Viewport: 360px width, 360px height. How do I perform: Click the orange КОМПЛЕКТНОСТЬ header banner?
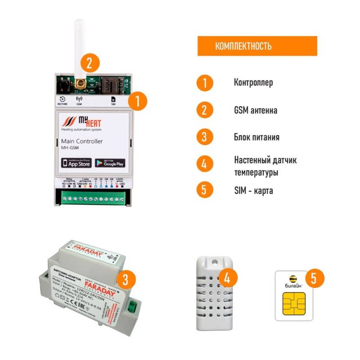pyautogui.click(x=257, y=46)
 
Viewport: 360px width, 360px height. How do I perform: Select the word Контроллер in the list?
pyautogui.click(x=253, y=83)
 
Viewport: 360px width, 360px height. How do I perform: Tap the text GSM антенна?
pyautogui.click(x=255, y=110)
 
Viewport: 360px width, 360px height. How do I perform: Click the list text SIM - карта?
pyautogui.click(x=253, y=191)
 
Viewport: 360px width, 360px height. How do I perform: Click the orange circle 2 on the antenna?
pyautogui.click(x=89, y=63)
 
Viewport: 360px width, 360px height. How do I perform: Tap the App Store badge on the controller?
pyautogui.click(x=76, y=162)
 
